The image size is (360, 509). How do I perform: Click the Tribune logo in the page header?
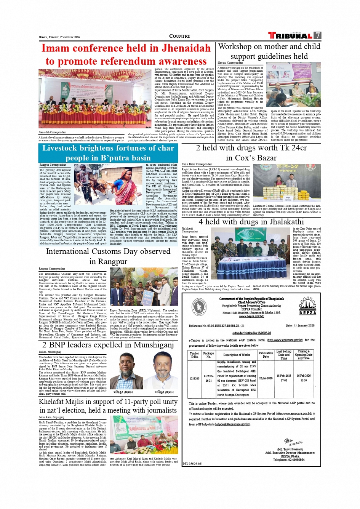point(290,36)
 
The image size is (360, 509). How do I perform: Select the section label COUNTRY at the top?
point(179,36)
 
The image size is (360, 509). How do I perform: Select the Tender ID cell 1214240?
point(195,379)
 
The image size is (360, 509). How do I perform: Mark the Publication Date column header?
point(266,355)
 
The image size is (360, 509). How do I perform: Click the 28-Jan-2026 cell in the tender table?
point(266,378)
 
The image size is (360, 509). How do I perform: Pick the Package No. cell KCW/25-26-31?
point(208,378)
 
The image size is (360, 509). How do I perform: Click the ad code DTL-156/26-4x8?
point(193,464)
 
